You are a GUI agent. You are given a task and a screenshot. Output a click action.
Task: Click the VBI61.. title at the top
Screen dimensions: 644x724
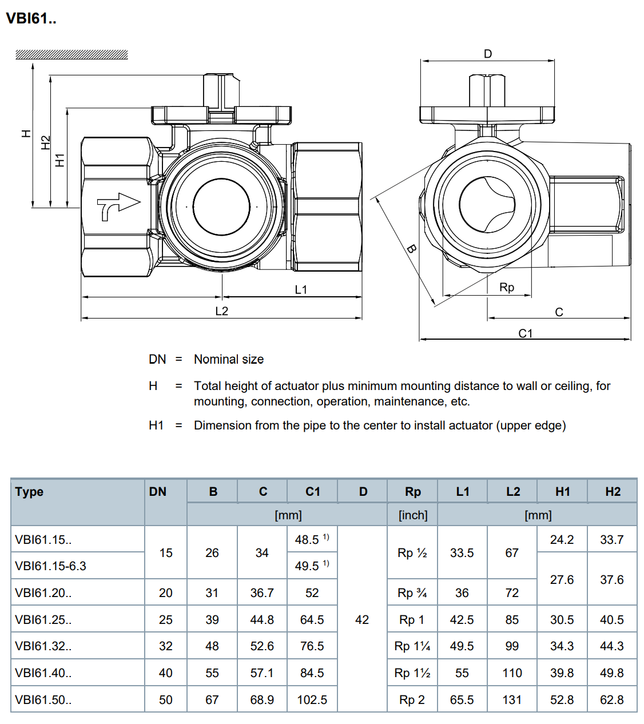(x=31, y=18)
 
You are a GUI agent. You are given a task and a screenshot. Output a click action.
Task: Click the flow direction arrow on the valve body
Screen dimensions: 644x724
(x=118, y=206)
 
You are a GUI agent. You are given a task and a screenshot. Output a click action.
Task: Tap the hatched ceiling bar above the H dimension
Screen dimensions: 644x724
(x=71, y=54)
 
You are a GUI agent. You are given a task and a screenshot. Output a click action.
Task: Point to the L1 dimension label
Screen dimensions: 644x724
(x=301, y=289)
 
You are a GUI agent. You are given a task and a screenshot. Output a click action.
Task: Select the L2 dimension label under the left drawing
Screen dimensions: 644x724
(x=221, y=311)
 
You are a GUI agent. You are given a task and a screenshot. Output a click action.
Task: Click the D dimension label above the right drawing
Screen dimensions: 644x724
(x=488, y=54)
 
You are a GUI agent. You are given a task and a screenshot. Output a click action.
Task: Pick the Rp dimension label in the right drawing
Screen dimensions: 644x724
(x=506, y=287)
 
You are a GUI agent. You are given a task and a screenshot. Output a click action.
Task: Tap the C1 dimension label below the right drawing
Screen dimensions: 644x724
(x=526, y=333)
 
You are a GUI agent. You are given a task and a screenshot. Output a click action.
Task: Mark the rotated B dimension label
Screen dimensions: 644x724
(x=412, y=249)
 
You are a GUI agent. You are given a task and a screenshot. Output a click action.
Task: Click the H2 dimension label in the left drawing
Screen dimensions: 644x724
(x=46, y=142)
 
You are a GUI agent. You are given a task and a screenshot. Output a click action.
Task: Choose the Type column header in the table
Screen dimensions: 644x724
(x=29, y=492)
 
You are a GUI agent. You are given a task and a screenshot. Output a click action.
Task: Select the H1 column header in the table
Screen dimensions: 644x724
(x=563, y=492)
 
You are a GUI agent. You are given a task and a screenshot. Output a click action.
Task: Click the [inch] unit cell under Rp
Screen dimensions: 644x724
(x=413, y=515)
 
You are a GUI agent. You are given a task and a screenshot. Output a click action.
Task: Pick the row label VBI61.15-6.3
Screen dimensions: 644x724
(x=50, y=566)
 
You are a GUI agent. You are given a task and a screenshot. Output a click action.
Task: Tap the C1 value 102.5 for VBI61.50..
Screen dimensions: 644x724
(x=312, y=700)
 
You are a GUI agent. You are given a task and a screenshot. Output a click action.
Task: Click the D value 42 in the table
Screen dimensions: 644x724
(x=362, y=620)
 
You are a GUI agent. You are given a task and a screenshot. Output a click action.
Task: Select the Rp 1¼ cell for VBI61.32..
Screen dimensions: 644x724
(x=412, y=646)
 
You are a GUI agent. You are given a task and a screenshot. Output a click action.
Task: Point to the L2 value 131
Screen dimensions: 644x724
(x=512, y=700)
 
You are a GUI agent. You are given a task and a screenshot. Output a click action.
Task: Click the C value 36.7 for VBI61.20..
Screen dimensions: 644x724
(x=262, y=593)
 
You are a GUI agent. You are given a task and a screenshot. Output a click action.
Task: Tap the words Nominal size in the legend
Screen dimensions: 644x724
(x=229, y=359)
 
